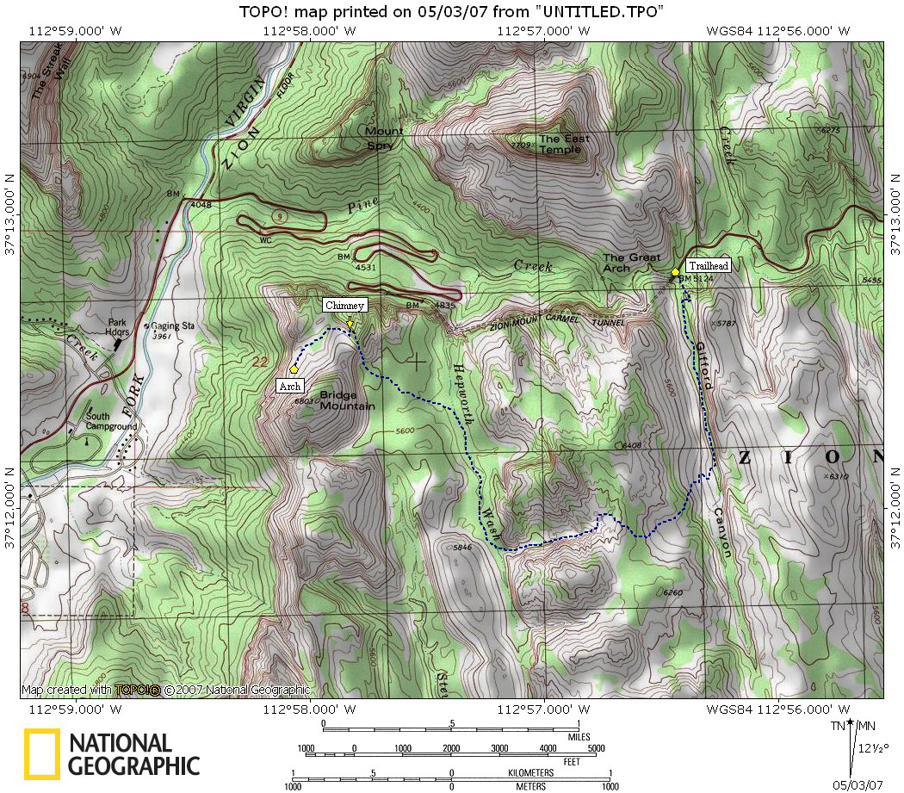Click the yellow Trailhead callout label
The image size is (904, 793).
(708, 265)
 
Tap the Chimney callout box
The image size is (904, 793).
(345, 305)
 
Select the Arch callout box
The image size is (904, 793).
(289, 387)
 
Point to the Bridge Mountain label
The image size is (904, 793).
(347, 400)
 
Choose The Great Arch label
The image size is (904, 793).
(631, 263)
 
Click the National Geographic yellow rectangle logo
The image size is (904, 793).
(41, 754)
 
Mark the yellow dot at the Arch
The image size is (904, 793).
(294, 369)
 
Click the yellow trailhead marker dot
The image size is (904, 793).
(675, 272)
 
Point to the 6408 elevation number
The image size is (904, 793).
(631, 445)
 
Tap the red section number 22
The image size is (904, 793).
(260, 362)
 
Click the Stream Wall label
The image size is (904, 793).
(52, 94)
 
